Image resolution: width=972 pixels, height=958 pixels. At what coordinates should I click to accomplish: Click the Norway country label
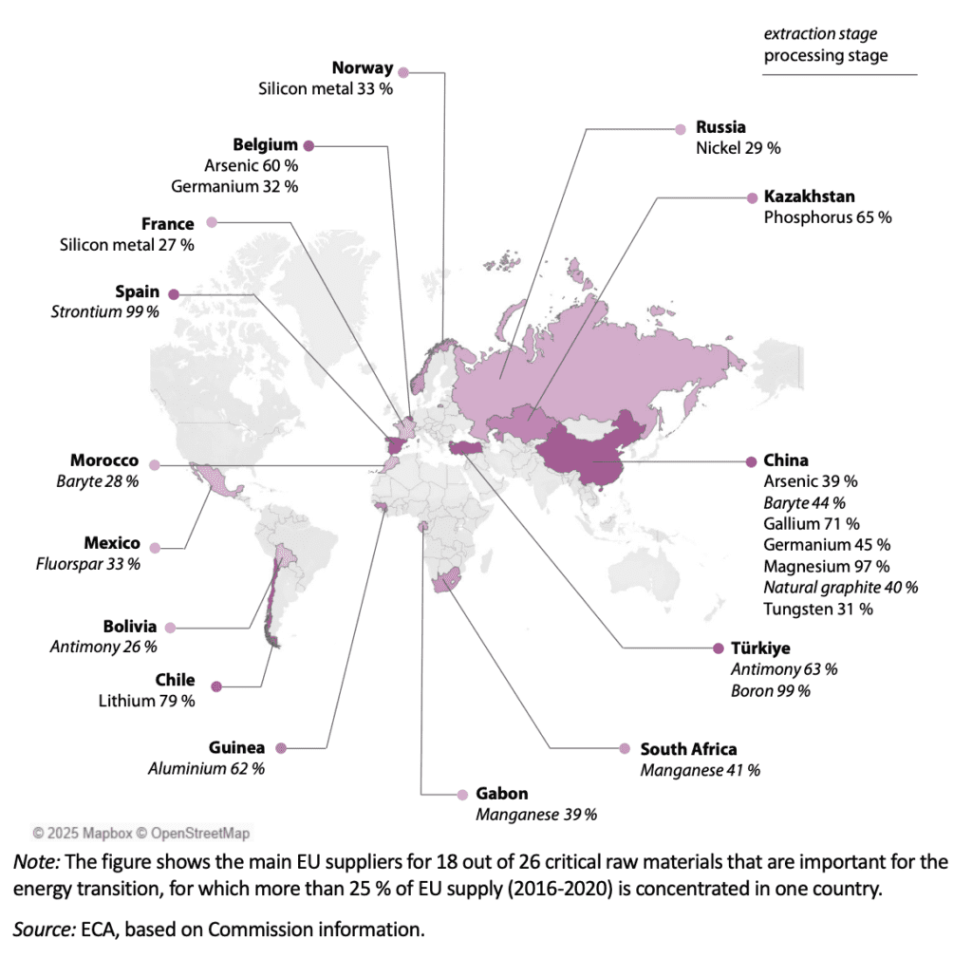click(362, 68)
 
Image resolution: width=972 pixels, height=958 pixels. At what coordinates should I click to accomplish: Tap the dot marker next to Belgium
click(308, 145)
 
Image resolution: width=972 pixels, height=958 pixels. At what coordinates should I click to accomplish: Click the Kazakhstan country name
click(809, 197)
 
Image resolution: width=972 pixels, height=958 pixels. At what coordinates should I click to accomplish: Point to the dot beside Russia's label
click(680, 128)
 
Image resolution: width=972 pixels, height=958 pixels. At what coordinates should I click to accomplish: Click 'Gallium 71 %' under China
click(812, 523)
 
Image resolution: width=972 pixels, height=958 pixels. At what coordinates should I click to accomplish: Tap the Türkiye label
click(761, 648)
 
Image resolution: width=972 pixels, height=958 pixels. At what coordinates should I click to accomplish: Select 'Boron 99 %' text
click(770, 690)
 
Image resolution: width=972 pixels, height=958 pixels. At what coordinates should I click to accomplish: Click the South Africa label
click(688, 749)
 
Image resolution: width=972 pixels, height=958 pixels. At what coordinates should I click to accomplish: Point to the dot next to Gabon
click(462, 794)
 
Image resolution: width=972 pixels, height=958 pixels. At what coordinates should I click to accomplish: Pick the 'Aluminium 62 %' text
click(206, 768)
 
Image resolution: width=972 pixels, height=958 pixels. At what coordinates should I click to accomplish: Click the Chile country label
click(175, 680)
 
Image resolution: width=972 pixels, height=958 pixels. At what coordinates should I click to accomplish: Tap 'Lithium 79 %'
click(147, 701)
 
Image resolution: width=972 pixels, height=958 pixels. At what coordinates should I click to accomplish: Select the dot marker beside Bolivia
click(170, 628)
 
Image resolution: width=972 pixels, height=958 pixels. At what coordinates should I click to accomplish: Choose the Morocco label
click(104, 460)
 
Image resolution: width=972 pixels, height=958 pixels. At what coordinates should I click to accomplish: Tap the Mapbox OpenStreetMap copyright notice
click(141, 833)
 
